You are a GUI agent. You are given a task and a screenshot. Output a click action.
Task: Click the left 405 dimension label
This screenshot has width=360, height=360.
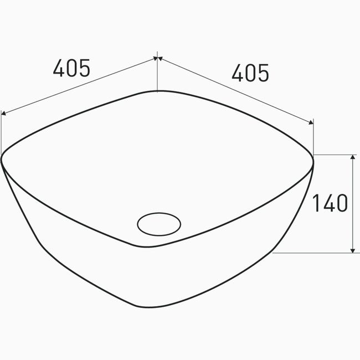tap(71, 68)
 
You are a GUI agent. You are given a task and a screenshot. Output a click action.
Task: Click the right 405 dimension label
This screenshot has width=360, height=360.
tap(250, 73)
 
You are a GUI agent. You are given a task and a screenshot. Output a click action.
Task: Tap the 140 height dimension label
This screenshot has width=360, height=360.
tap(330, 203)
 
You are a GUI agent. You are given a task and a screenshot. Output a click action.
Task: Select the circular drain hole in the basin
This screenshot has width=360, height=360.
tap(159, 224)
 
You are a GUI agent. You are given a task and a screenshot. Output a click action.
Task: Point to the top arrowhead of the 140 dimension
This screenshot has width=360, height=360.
tap(353, 157)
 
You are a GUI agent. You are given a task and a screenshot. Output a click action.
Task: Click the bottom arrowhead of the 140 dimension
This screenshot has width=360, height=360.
tap(353, 250)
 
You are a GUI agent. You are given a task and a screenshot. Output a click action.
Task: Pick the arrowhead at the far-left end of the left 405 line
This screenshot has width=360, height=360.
tap(3, 113)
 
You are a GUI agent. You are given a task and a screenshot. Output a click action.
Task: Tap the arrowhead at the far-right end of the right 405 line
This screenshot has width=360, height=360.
tap(311, 122)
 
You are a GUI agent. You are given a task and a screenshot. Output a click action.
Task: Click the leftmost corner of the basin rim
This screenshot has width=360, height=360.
tap(1, 159)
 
